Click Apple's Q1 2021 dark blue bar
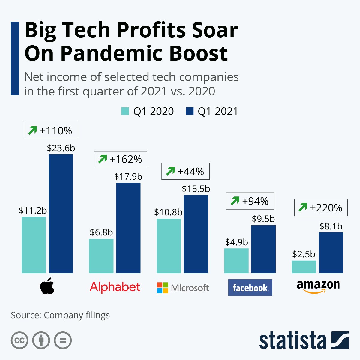61,214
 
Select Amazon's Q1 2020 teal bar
304,267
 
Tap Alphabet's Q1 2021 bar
128,228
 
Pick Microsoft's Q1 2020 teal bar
169,246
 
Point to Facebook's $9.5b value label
263,219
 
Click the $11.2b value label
33,210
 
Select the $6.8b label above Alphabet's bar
101,232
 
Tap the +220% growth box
321,208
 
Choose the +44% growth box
185,171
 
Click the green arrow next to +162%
103,159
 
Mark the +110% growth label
50,130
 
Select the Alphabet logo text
115,287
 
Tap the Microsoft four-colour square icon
163,288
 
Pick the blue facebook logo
250,288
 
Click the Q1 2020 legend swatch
125,111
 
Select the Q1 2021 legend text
217,111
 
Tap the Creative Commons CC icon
19,340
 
